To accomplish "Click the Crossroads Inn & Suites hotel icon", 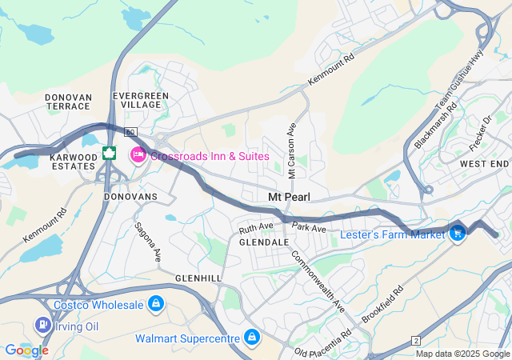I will click(138, 154).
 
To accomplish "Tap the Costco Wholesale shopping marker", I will click(156, 304).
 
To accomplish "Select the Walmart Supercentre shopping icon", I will click(252, 338).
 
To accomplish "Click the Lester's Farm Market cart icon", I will click(458, 234).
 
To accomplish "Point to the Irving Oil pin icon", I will click(42, 325).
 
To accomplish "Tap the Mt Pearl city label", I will click(289, 197).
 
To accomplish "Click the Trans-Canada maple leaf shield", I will click(110, 153).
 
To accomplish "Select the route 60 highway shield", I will click(131, 132).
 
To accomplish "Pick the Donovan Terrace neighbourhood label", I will click(69, 102).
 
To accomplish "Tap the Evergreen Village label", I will click(141, 100).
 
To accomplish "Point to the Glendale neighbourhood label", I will click(263, 242).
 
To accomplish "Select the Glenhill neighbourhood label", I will click(198, 277).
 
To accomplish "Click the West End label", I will click(484, 164).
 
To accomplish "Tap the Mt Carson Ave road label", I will click(292, 143).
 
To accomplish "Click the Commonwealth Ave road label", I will click(318, 282).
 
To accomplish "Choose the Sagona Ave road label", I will click(148, 242).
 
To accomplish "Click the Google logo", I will click(26, 350).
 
